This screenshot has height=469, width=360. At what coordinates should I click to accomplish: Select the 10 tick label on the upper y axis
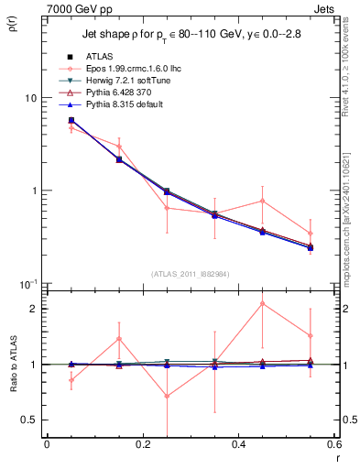coord(30,97)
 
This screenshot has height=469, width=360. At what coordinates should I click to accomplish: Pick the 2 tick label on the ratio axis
coord(34,309)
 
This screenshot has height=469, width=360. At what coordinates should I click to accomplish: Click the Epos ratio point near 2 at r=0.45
coord(263,303)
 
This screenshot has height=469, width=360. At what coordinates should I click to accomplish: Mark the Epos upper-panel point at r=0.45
coord(263,201)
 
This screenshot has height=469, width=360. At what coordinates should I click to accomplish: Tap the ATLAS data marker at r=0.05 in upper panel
coord(71,120)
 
